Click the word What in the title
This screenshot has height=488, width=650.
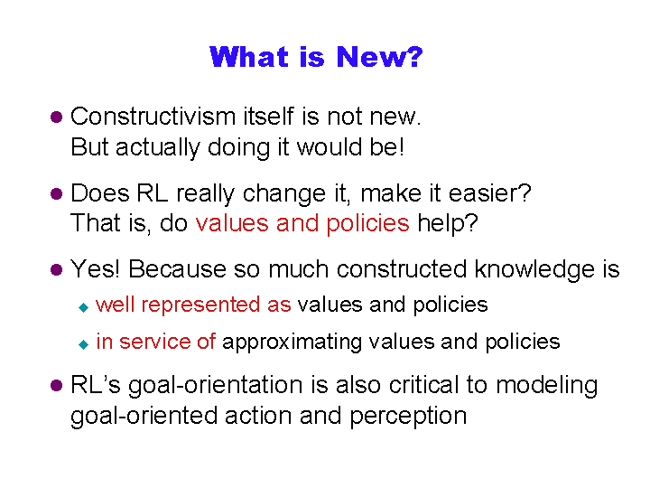pos(249,56)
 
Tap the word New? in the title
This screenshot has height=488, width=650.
pos(379,56)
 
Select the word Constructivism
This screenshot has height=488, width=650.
pos(153,117)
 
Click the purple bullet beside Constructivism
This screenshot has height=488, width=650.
pos(56,117)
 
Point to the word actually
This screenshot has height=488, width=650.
pos(157,147)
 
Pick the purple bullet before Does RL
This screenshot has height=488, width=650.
pos(56,193)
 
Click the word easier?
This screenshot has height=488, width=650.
pos(490,193)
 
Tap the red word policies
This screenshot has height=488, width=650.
pos(367,224)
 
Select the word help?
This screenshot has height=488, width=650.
pos(448,224)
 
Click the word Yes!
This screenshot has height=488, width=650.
pos(95,269)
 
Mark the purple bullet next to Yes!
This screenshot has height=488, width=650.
pos(56,269)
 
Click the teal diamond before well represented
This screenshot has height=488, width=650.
pos(83,307)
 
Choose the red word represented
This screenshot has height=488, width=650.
pos(200,305)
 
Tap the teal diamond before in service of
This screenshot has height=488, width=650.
pos(83,344)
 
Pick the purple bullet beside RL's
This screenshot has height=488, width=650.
pos(56,386)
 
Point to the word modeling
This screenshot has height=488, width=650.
pos(547,386)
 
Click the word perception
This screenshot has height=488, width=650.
pos(408,417)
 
